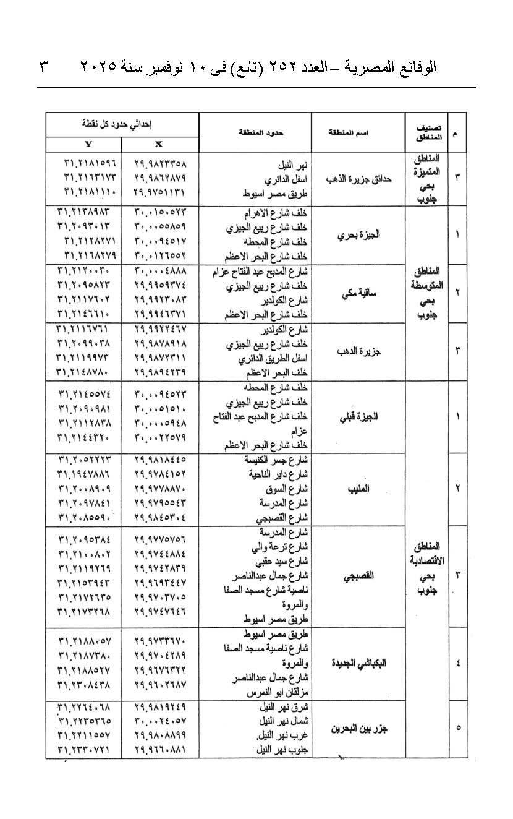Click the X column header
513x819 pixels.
click(159, 144)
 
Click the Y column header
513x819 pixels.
click(87, 144)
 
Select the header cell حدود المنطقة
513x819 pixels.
click(255, 132)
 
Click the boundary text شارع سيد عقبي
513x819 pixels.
click(282, 560)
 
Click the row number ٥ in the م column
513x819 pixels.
click(457, 727)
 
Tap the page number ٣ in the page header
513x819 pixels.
click(44, 66)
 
